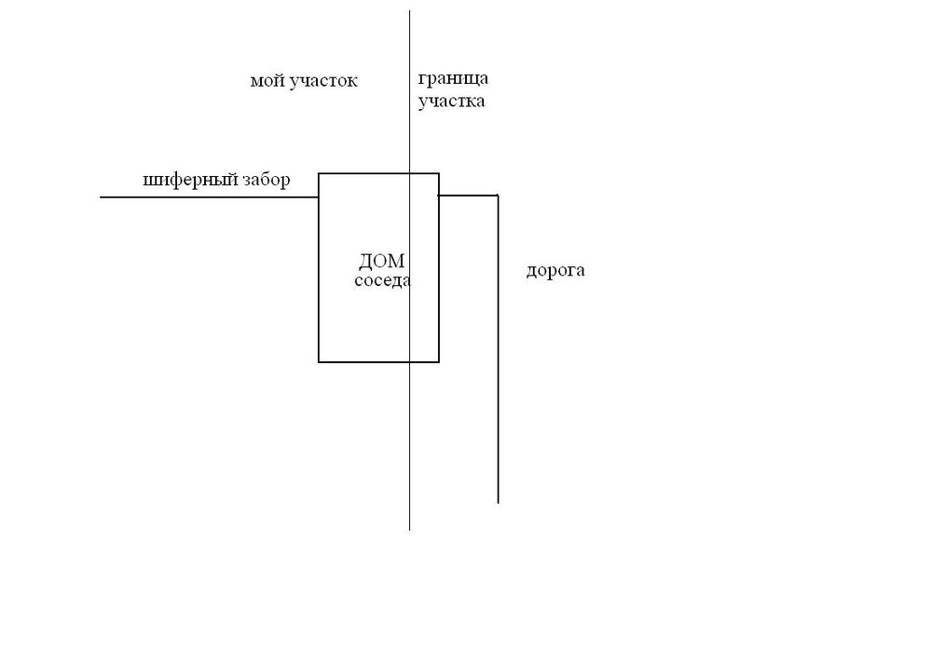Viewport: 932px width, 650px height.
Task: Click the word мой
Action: point(267,81)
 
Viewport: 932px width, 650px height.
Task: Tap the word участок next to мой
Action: point(323,81)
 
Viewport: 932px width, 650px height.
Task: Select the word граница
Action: point(453,79)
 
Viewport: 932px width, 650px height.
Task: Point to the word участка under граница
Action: point(451,102)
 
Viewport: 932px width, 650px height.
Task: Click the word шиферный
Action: point(191,180)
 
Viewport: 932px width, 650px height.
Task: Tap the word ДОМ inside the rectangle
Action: point(381,261)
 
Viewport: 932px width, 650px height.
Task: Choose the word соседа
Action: point(383,280)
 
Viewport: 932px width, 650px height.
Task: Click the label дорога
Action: point(555,271)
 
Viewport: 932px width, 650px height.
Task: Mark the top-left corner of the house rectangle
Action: point(319,174)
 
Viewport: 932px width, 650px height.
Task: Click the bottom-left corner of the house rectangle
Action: point(319,361)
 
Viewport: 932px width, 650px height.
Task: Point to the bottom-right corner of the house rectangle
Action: point(439,361)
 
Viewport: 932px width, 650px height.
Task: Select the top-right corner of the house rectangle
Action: point(439,174)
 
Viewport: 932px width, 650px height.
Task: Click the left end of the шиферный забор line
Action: point(101,196)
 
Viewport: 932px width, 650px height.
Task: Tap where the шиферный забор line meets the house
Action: point(319,196)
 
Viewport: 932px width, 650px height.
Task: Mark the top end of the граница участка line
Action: point(409,10)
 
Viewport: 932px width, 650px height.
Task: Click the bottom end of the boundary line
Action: point(409,529)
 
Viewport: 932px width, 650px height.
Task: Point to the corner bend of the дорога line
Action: point(498,196)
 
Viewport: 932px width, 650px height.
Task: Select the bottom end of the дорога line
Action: point(498,503)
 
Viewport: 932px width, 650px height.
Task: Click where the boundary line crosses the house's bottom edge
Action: point(409,361)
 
